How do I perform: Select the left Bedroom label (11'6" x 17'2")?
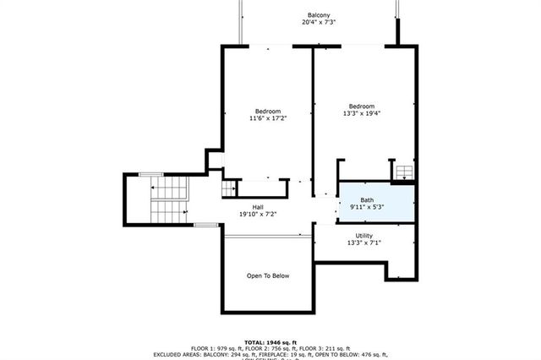(268, 112)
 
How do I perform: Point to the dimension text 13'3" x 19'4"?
(362, 113)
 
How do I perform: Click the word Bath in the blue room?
(367, 200)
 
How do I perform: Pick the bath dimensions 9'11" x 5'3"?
(367, 208)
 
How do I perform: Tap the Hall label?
(258, 207)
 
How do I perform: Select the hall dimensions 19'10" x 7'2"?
(258, 215)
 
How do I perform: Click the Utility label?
(364, 236)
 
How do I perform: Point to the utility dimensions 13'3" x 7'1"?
(364, 243)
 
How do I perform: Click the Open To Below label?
(268, 275)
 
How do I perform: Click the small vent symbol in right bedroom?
(403, 172)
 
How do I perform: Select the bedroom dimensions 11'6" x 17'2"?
(268, 119)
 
